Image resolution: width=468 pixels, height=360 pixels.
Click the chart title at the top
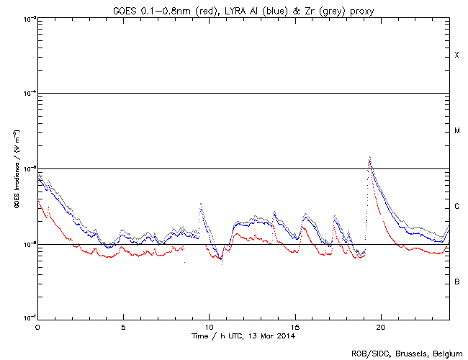(243, 9)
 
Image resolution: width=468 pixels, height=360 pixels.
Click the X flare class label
(456, 55)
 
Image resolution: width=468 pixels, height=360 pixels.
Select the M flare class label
(456, 131)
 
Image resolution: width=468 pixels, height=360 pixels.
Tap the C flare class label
(456, 207)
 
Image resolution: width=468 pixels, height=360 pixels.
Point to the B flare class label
(456, 282)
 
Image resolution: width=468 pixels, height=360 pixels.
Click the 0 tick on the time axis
(37, 327)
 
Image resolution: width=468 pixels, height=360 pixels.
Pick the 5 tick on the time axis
(123, 327)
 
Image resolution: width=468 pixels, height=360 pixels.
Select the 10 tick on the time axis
(209, 327)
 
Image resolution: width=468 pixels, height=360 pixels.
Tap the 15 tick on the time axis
(295, 327)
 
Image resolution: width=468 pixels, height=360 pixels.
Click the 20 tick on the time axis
(381, 327)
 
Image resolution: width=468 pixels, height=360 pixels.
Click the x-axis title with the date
(243, 336)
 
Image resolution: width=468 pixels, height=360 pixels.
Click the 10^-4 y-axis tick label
(27, 94)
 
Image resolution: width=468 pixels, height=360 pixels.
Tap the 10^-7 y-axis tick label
(27, 318)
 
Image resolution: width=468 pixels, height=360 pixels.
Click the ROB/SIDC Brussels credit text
(407, 353)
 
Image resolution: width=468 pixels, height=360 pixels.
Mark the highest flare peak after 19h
(369, 157)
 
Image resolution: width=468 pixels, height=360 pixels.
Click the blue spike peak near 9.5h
(200, 204)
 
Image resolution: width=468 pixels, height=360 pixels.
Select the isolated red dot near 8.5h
(185, 263)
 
